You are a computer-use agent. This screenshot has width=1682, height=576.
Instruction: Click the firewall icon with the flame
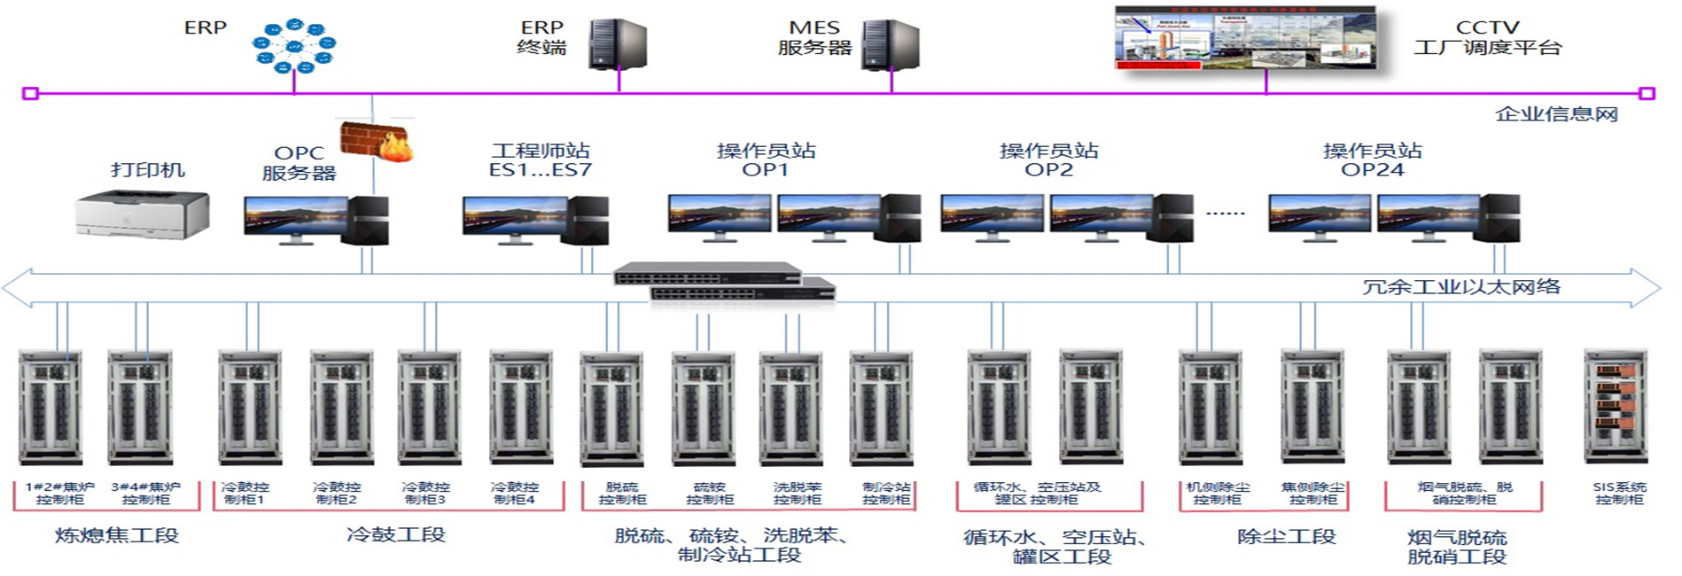point(377,141)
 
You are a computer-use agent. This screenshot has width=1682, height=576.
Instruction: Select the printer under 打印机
point(143,214)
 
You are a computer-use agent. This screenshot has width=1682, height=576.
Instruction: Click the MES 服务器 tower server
point(891,45)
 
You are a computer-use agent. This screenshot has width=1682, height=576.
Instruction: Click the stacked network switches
point(725,283)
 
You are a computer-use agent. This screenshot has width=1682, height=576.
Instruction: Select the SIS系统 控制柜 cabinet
point(1616,407)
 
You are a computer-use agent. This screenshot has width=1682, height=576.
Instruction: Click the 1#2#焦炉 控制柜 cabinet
point(51,407)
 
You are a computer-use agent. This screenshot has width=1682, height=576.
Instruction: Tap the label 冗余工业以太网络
point(1460,287)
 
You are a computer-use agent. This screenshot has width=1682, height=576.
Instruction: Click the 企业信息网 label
point(1556,114)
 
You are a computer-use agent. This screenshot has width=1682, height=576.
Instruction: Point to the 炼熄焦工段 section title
point(117,535)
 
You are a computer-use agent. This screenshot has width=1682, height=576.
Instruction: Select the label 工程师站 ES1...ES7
point(540,160)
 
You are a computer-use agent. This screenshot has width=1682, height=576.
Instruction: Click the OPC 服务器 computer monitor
point(296,218)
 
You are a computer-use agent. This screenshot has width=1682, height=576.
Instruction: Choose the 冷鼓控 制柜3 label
point(425,494)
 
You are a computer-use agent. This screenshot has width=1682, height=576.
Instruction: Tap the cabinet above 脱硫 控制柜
point(611,408)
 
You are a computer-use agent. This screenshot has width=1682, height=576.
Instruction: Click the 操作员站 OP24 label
point(1372,160)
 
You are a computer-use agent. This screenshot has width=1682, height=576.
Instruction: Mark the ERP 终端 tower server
point(618,44)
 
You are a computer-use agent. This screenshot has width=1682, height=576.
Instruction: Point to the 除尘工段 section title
point(1286,536)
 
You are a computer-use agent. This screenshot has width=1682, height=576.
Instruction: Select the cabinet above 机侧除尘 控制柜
point(1211,407)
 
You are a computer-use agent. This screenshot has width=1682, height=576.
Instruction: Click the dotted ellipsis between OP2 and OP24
point(1226,214)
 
